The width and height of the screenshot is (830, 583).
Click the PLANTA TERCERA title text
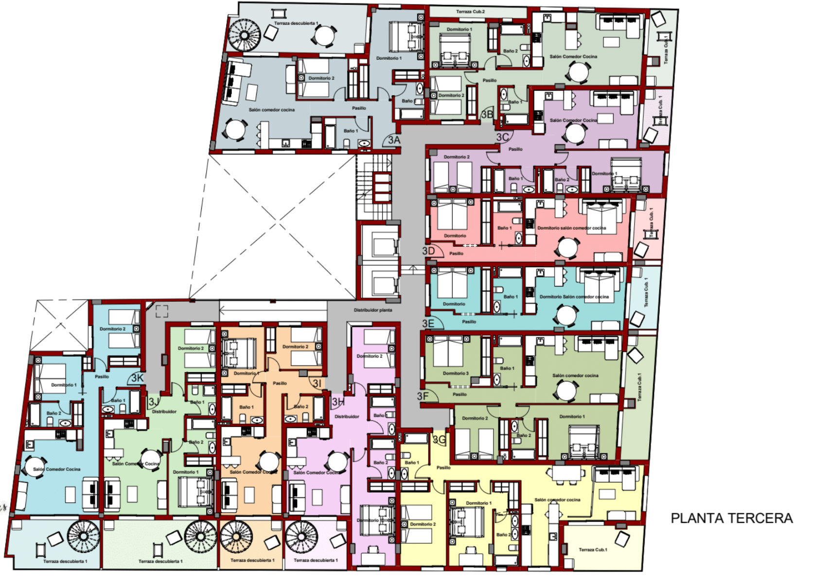coord(731,518)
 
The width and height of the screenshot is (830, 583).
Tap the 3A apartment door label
coord(393,140)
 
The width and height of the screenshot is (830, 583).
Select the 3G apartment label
coord(439,440)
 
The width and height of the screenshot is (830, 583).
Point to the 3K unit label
coord(138,378)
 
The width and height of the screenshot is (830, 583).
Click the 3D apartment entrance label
coord(428,251)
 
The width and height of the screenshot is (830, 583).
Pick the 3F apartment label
coord(423,396)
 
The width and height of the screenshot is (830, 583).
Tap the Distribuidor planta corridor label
coord(372,310)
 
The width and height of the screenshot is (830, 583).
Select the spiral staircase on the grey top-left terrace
coord(245,35)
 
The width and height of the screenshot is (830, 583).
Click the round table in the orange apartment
coord(268,462)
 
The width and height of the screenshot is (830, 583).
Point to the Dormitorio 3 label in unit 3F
coord(456,373)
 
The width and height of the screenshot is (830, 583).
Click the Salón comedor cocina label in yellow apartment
coord(557,499)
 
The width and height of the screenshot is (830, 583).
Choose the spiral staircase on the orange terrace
coord(236,536)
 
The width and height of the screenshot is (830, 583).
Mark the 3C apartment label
coord(502,137)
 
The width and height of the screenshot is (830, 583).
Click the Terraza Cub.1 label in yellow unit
coord(592,549)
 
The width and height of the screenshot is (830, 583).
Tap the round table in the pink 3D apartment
coord(567,247)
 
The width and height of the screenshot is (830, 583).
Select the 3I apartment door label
coord(317,383)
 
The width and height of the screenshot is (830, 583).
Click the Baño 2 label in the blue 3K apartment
coord(53,413)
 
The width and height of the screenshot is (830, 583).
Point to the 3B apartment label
coord(487,115)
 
